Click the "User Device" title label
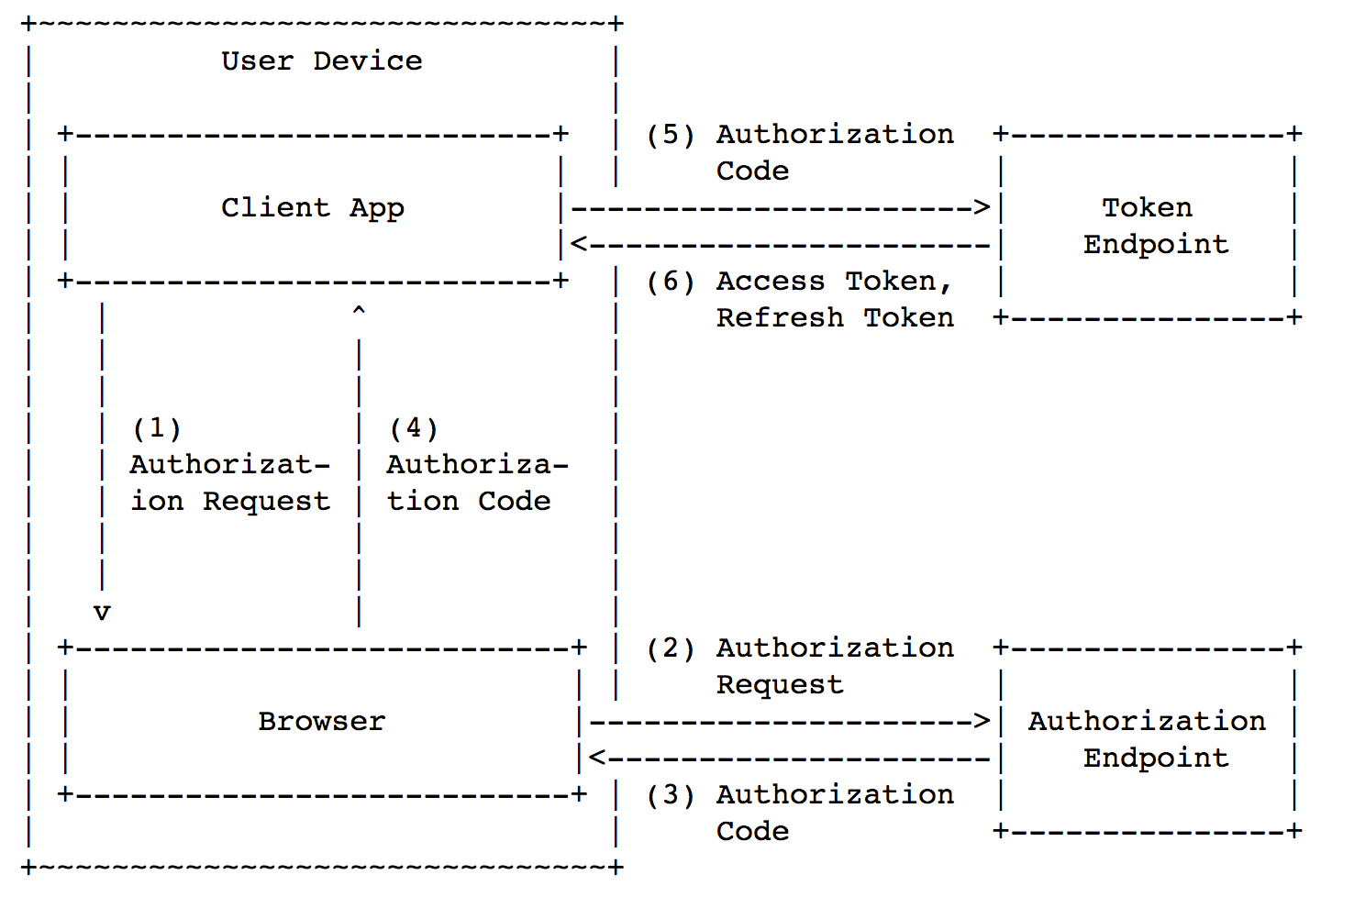322,61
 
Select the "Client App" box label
313,208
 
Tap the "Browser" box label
322,722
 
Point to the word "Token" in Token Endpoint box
1147,208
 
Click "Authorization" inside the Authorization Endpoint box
1147,722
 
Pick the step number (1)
157,428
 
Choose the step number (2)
671,648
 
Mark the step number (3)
671,795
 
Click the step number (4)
414,428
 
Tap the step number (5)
671,135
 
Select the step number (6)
671,282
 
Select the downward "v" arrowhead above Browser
102,613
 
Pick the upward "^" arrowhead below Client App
359,312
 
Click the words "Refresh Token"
835,318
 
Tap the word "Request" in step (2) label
780,685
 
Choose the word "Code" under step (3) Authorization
752,832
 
